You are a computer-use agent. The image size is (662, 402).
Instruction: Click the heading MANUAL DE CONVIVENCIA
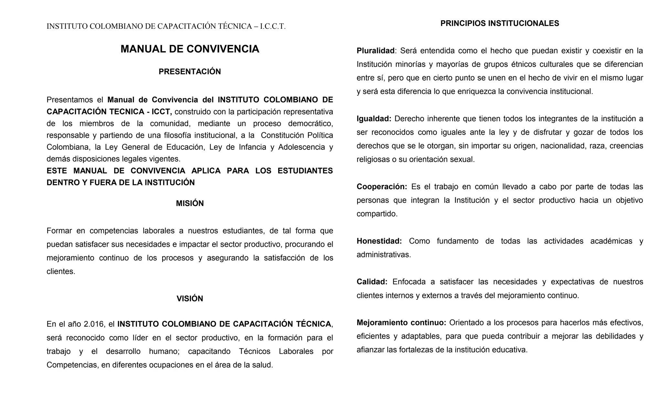pos(190,49)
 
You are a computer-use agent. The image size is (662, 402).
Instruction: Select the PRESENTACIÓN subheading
pos(190,72)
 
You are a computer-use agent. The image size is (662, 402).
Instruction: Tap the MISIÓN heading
pos(190,203)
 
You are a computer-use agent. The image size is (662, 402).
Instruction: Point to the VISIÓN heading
pos(190,299)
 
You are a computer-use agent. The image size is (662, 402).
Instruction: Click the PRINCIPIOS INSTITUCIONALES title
pos(500,24)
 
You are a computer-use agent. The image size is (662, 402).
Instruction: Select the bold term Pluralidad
pos(375,51)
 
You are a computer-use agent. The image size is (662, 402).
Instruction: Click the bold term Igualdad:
pos(374,119)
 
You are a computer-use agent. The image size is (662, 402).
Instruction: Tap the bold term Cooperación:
pos(382,187)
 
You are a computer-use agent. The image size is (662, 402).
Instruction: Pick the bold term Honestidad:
pos(379,241)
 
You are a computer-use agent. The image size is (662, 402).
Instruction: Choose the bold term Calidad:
pos(372,282)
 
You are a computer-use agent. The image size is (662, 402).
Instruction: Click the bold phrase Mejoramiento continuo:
pos(401,322)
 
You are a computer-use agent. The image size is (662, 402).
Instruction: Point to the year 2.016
pos(93,324)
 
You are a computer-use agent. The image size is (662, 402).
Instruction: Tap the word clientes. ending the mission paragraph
pos(61,271)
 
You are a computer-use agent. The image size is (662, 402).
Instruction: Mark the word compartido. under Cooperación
pos(377,214)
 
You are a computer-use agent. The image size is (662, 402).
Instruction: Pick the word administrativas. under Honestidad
pos(384,255)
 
